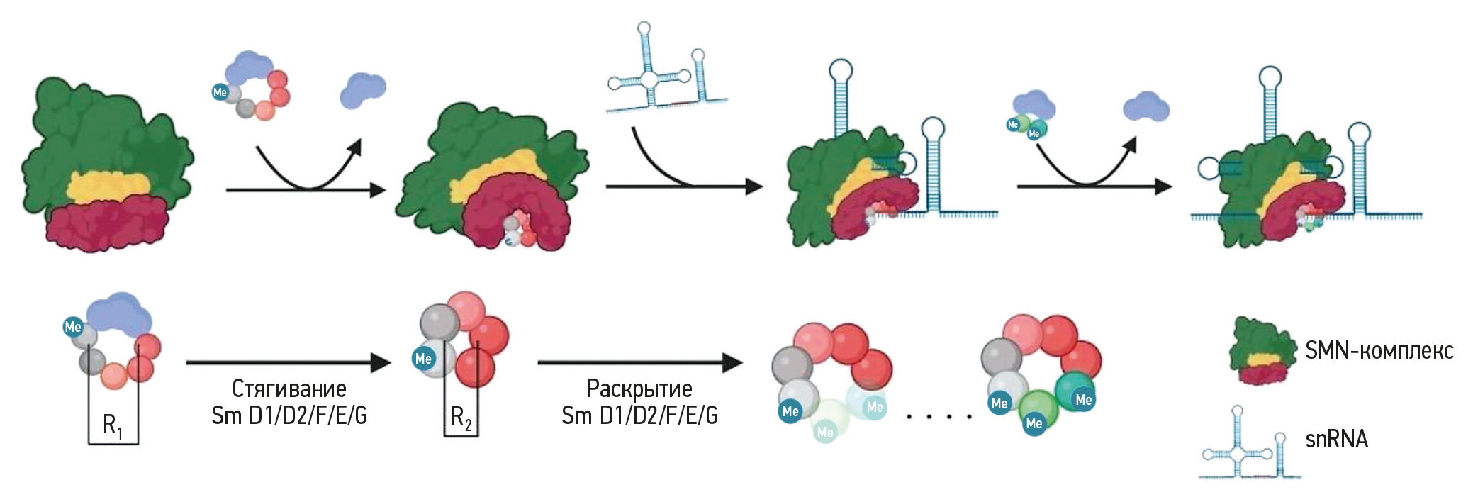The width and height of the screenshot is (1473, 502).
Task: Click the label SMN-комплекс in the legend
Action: click(x=1378, y=350)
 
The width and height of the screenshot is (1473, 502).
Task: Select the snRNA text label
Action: click(x=1336, y=440)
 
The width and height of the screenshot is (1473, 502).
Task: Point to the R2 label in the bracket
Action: click(x=461, y=418)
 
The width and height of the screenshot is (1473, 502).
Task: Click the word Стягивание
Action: click(x=289, y=389)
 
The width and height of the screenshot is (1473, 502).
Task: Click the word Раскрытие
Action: click(x=639, y=389)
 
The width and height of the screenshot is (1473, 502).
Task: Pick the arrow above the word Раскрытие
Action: click(x=639, y=363)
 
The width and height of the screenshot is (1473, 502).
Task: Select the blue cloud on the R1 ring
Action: click(x=119, y=313)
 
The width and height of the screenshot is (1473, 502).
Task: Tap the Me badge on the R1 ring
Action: click(x=73, y=327)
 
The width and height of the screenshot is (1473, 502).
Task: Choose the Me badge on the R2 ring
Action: click(x=423, y=358)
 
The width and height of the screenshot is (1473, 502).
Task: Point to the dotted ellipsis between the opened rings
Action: click(x=939, y=417)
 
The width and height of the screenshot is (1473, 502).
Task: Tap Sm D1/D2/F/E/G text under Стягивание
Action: click(x=289, y=415)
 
